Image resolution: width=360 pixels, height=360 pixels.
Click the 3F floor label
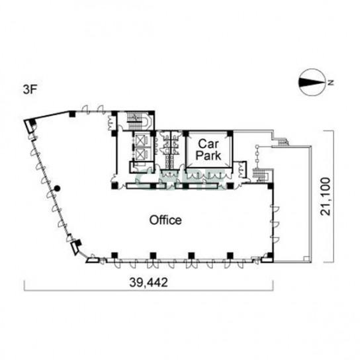(x=30, y=89)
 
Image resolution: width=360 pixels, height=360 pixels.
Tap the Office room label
(x=165, y=220)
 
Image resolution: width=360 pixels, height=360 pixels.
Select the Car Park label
(x=208, y=150)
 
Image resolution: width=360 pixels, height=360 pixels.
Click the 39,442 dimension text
(x=148, y=282)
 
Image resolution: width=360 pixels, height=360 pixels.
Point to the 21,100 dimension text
(x=326, y=197)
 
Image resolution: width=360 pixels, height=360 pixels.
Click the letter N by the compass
(x=331, y=82)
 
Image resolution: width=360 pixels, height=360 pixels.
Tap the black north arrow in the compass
(x=312, y=83)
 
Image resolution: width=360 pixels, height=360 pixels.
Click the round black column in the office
(x=57, y=189)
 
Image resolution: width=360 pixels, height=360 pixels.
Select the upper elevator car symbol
(x=140, y=140)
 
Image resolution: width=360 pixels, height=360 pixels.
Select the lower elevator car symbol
(x=140, y=154)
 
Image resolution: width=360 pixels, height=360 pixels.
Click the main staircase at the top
(x=138, y=120)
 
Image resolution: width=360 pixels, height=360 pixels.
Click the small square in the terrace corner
(x=306, y=258)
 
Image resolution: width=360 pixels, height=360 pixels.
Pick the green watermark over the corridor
(x=180, y=180)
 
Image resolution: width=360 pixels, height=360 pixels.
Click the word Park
(x=208, y=156)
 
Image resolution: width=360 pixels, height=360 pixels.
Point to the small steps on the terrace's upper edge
(x=283, y=142)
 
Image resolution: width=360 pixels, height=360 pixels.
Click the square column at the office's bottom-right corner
(x=271, y=255)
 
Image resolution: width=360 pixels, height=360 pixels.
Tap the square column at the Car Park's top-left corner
(x=185, y=134)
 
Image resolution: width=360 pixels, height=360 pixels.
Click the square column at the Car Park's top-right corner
(x=230, y=134)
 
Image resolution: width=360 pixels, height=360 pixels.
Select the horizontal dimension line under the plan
(x=148, y=291)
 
